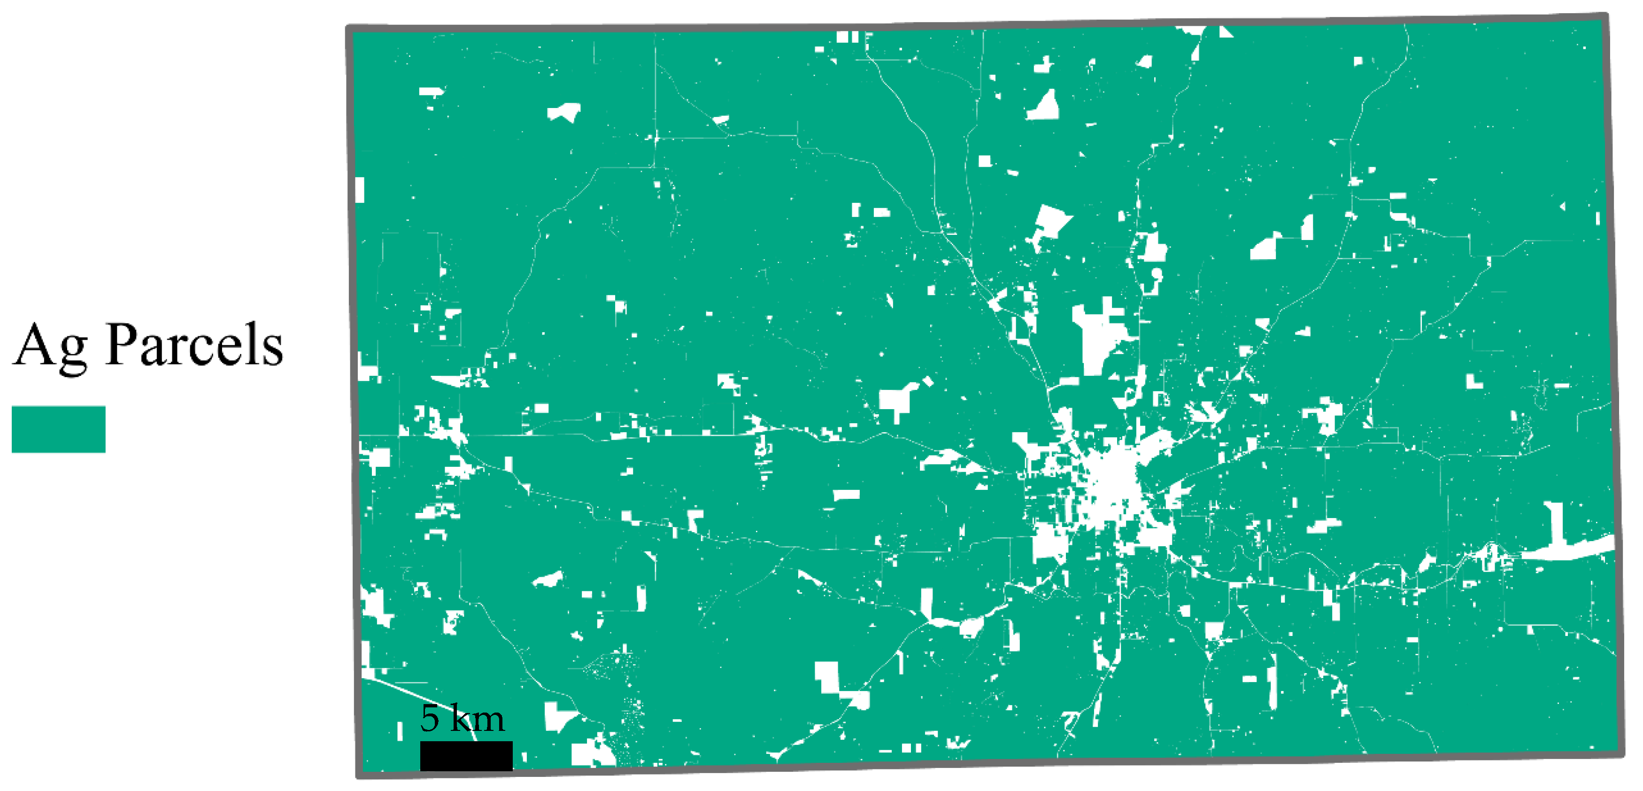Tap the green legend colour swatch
[x=58, y=429]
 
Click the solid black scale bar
[x=466, y=755]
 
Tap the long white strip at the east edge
[x=1569, y=549]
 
